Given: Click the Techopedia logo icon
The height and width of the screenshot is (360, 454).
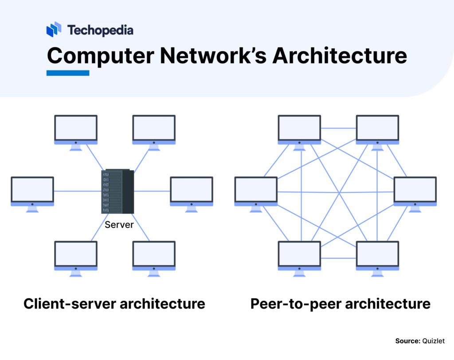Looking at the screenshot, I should click(x=54, y=29).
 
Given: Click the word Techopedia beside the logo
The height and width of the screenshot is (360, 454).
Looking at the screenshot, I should click(x=100, y=30).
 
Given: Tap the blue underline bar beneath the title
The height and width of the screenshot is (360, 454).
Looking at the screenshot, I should click(x=68, y=73).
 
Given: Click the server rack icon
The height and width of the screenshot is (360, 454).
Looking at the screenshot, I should click(x=117, y=191).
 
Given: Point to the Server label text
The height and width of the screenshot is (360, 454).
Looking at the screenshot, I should click(x=119, y=225).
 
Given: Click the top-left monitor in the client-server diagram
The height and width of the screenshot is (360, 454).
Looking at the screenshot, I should click(x=76, y=130).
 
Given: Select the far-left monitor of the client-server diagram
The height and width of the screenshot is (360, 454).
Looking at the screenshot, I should click(x=32, y=192).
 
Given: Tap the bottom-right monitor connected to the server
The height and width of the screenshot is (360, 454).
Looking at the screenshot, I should click(x=154, y=256).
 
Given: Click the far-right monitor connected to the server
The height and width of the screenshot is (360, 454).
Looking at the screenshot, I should click(x=192, y=192).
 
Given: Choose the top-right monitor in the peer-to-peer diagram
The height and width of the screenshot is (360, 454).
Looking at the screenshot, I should click(x=377, y=130).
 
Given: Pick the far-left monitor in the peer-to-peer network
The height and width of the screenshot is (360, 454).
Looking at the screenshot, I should click(x=256, y=192).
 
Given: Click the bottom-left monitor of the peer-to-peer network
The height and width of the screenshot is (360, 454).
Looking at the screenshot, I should click(x=299, y=256).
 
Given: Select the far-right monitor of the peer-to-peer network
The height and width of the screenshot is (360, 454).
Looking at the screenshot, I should click(x=415, y=192).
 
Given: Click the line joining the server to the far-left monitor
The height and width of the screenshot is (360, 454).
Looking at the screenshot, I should click(x=78, y=192).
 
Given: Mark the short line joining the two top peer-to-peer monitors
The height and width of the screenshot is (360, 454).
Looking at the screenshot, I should click(x=338, y=128).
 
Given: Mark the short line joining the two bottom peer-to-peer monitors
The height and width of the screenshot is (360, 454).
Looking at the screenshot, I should click(x=338, y=258).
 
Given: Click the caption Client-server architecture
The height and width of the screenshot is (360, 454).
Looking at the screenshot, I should click(x=114, y=304).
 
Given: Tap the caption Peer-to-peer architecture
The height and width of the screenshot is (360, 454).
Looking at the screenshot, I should click(x=340, y=304).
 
